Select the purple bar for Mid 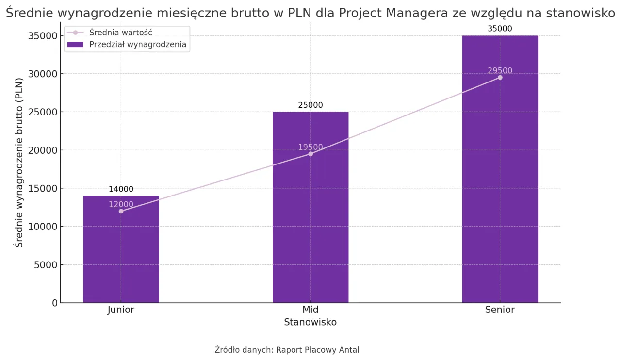pos(310,218)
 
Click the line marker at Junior pos(121,211)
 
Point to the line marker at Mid pos(310,154)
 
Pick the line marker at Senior pos(500,78)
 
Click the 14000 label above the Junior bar pos(121,189)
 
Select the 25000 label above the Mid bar pos(310,105)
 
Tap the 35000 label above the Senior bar pos(500,29)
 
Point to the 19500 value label pos(310,147)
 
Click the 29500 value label pos(500,71)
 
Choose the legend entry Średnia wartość pos(121,33)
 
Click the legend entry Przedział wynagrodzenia pos(137,45)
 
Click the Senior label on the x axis pos(500,310)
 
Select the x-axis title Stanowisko pos(310,322)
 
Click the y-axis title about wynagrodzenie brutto pos(19,162)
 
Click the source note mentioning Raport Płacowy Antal pos(287,350)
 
